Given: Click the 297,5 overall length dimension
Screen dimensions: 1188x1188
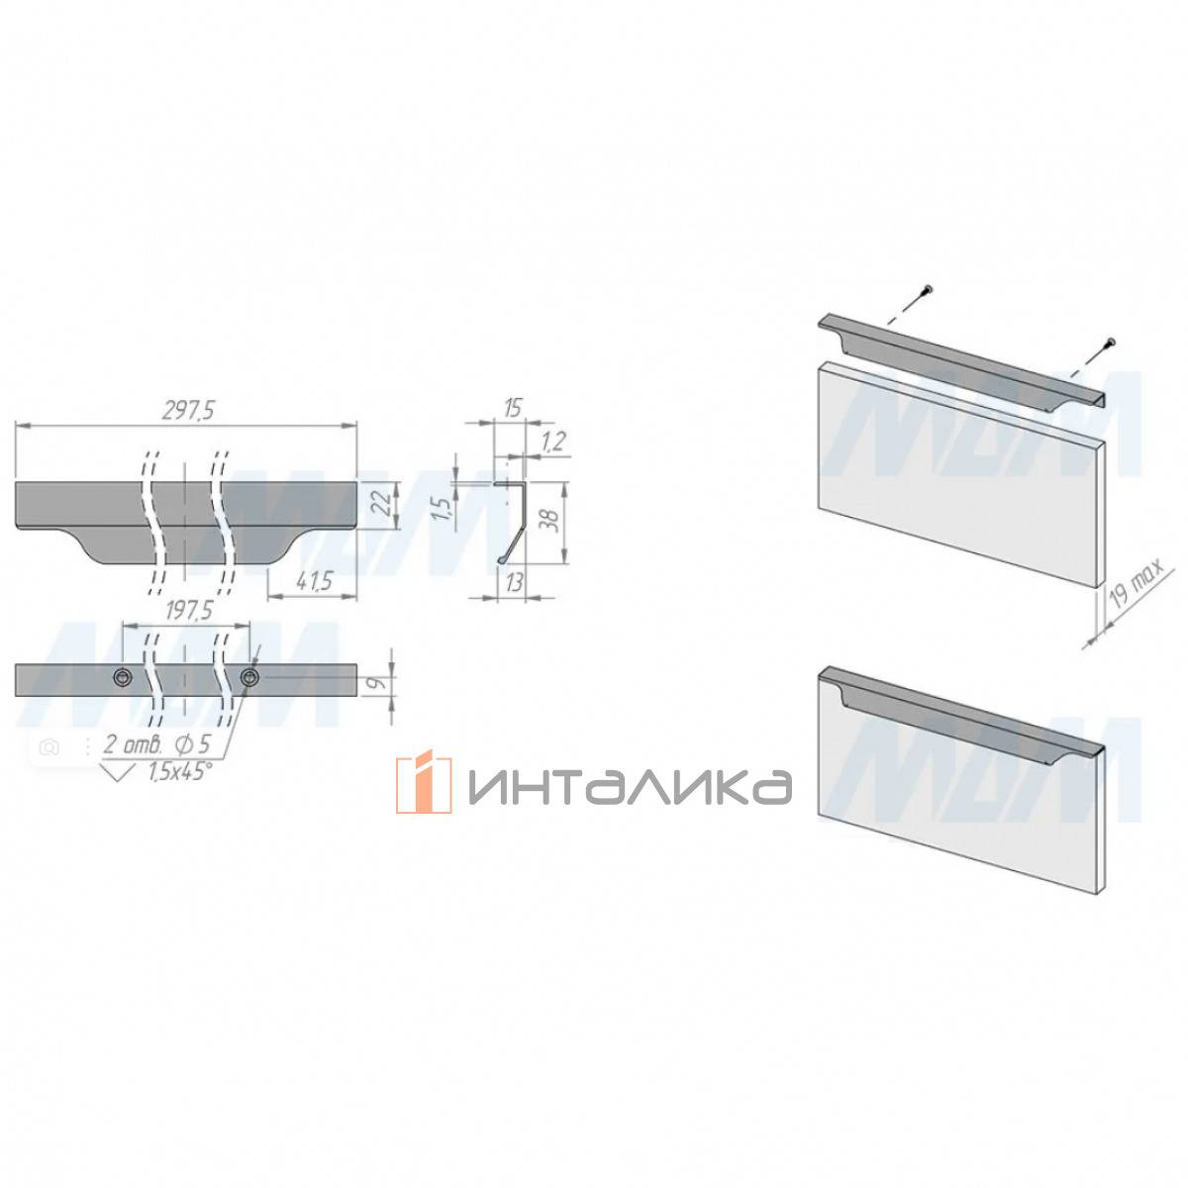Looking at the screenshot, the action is click(x=188, y=410).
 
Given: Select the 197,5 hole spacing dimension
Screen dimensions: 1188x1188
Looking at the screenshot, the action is click(x=189, y=611).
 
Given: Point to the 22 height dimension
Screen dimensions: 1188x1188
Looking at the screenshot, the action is click(x=382, y=506).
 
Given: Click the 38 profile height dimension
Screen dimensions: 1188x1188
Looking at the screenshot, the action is click(x=552, y=521).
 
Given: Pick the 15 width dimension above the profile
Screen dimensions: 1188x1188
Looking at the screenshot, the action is click(x=511, y=408).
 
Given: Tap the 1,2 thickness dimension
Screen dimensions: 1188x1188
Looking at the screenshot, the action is click(x=553, y=442).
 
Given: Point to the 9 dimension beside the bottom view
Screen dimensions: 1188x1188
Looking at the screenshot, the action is click(x=381, y=682).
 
